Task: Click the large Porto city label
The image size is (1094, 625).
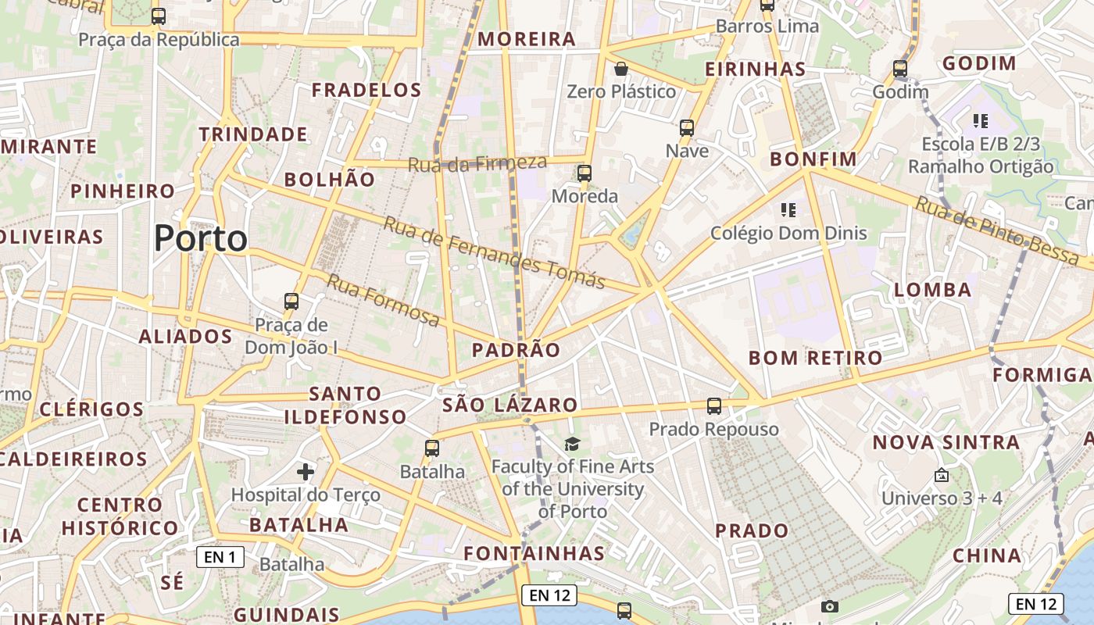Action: coord(201,238)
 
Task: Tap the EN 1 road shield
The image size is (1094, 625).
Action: coord(220,557)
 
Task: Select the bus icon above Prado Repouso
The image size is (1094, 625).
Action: coord(714,406)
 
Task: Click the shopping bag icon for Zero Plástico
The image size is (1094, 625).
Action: coord(621,69)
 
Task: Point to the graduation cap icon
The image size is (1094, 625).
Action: coord(573,445)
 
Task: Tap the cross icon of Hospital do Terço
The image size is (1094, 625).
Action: coord(306,471)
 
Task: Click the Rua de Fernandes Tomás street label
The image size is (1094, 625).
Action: coord(495,253)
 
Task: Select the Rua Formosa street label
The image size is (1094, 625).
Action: coord(383,300)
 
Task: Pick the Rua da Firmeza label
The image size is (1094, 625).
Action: coord(477,163)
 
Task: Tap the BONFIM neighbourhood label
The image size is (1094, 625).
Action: coord(813,159)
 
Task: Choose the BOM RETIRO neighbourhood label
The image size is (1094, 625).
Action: coord(815,358)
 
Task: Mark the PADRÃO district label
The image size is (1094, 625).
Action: coord(516,350)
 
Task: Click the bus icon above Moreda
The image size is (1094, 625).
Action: coord(585,173)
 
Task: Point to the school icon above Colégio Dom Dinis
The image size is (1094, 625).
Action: coord(788,209)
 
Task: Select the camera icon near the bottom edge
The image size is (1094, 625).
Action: coord(830,606)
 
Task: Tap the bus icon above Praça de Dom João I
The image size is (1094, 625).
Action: coord(291,301)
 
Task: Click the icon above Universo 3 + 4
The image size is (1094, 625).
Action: coord(942,475)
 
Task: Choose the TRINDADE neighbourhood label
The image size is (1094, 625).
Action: coord(252,134)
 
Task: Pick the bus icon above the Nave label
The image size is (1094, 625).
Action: coord(687,128)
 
